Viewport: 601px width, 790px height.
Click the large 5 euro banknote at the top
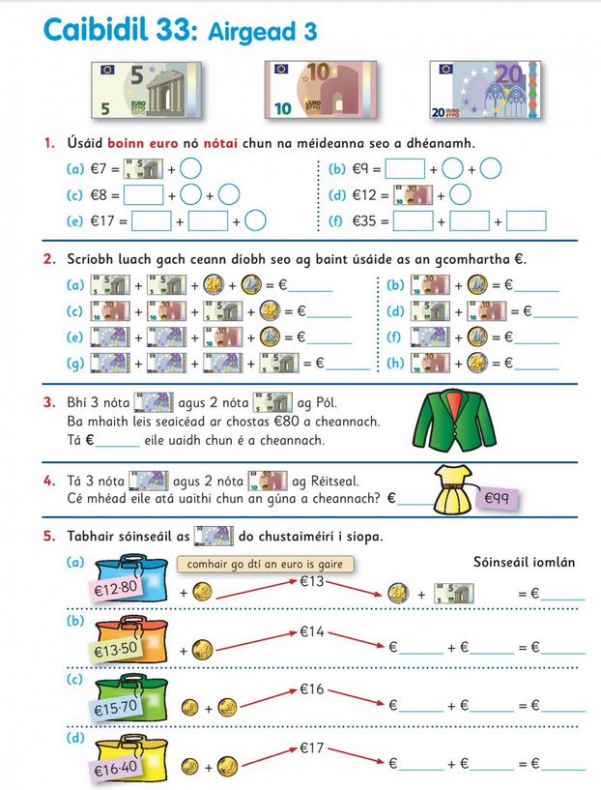click(147, 89)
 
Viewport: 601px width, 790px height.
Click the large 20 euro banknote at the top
click(475, 89)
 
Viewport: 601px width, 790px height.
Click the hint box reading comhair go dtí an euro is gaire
click(265, 565)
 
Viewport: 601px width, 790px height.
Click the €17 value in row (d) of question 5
click(313, 747)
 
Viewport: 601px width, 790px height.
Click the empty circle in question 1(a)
click(191, 167)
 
